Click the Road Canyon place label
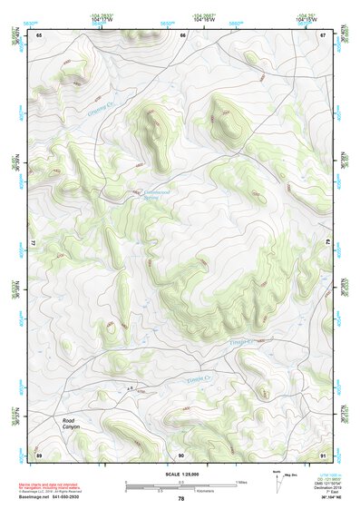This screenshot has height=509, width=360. pyautogui.click(x=71, y=424)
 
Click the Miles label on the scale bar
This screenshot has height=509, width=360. pyautogui.click(x=240, y=481)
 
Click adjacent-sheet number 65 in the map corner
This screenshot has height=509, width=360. pyautogui.click(x=39, y=34)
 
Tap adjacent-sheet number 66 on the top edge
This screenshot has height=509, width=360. pyautogui.click(x=182, y=34)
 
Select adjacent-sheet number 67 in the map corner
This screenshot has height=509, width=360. pyautogui.click(x=323, y=34)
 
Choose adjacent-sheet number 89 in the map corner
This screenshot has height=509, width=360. pyautogui.click(x=39, y=454)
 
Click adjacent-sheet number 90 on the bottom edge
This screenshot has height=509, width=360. pyautogui.click(x=181, y=454)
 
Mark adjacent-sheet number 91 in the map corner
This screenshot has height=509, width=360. pyautogui.click(x=323, y=454)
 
